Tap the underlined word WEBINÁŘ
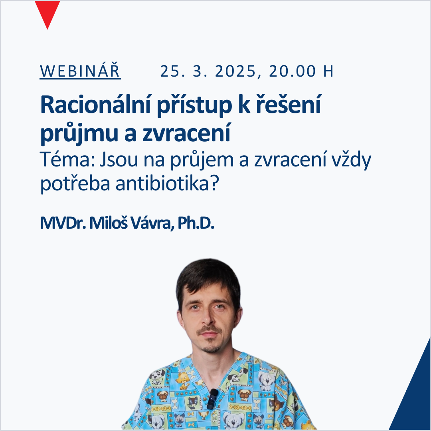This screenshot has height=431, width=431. (80, 71)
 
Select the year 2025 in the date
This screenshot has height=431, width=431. (235, 71)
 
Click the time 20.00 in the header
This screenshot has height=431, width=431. (292, 71)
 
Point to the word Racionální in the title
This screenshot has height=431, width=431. (95, 105)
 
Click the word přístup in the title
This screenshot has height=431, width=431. (194, 105)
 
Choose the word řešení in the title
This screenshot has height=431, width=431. (289, 105)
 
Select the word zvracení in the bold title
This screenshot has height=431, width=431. (186, 132)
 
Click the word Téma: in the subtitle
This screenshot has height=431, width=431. (67, 159)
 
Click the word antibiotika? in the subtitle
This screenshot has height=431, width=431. (167, 183)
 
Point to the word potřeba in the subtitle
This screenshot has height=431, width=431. (75, 184)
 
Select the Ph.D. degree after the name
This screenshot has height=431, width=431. (196, 223)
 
